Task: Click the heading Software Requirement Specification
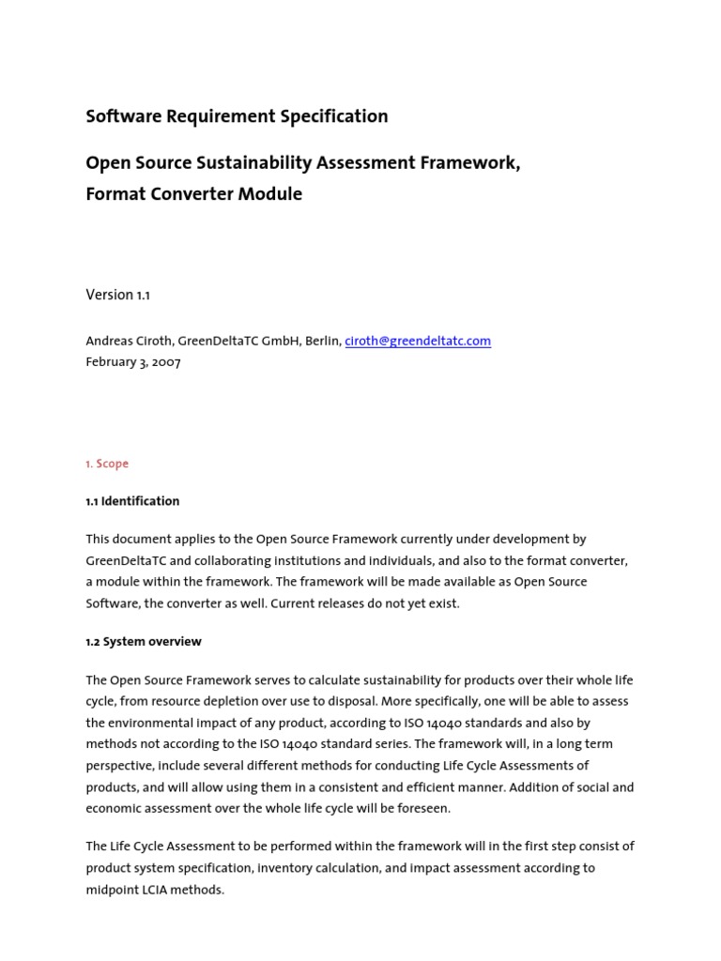coord(237,116)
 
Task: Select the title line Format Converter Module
coord(193,194)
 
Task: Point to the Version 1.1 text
coord(117,295)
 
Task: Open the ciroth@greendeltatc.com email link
coord(418,341)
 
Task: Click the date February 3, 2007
coord(133,362)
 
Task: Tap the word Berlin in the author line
coord(321,341)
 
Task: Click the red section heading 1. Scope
coord(107,464)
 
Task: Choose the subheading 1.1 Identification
coord(132,501)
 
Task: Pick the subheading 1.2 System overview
coord(144,642)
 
